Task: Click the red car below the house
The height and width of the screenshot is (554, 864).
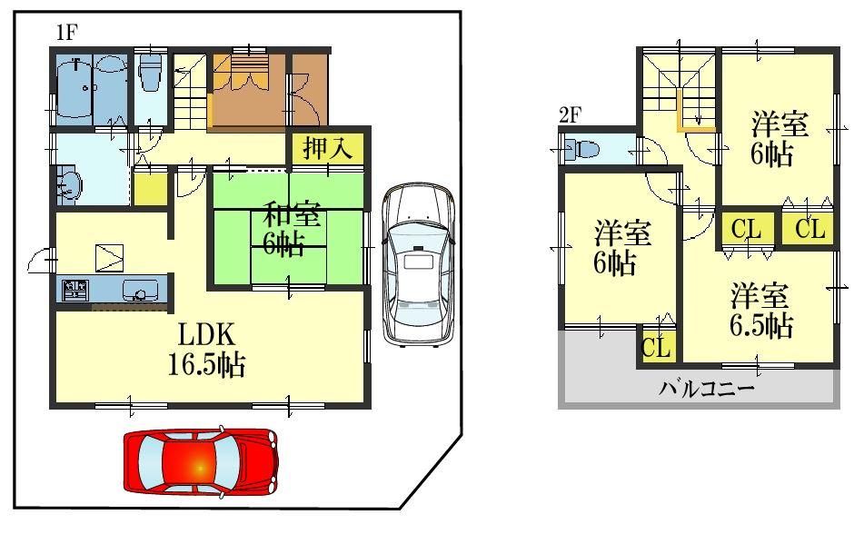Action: coord(200,461)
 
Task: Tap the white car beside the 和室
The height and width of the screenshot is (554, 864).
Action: coord(417,263)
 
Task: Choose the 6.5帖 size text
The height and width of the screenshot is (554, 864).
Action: coord(761,324)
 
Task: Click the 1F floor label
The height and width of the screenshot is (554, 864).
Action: coord(66,34)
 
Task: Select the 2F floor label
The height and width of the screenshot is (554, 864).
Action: coord(570,115)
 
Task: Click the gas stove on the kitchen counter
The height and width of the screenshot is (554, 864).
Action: coord(74,291)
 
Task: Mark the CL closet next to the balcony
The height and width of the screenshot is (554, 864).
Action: coord(657,347)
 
